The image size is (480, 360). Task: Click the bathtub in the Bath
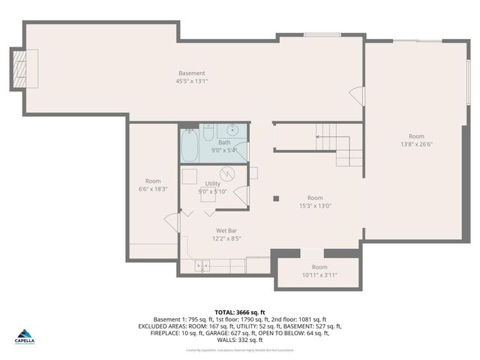pyautogui.click(x=190, y=145)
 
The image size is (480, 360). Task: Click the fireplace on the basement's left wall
pyautogui.click(x=19, y=66)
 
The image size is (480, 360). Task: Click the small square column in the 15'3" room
pyautogui.click(x=276, y=199)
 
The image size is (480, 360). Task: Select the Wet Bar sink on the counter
pyautogui.click(x=202, y=265)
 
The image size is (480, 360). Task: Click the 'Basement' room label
pyautogui.click(x=192, y=73)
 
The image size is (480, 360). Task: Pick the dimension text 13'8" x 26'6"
pyautogui.click(x=417, y=144)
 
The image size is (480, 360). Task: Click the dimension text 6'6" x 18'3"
pyautogui.click(x=153, y=189)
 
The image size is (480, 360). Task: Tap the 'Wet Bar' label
pyautogui.click(x=226, y=231)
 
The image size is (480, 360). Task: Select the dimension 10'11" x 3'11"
pyautogui.click(x=319, y=274)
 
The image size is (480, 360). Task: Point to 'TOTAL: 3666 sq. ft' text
pyautogui.click(x=240, y=312)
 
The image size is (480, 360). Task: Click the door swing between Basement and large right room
pyautogui.click(x=358, y=97)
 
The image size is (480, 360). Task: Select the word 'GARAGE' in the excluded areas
pyautogui.click(x=217, y=333)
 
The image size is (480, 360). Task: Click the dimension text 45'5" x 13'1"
pyautogui.click(x=192, y=81)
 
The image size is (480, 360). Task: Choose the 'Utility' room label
pyautogui.click(x=213, y=183)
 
